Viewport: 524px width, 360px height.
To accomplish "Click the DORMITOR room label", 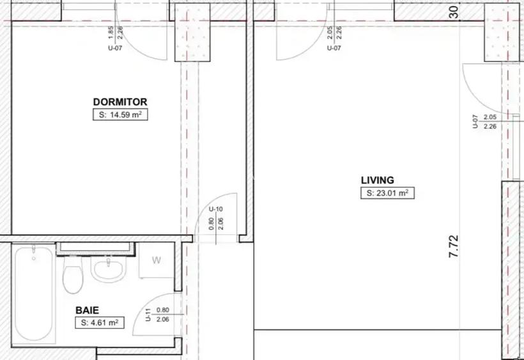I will [120, 102].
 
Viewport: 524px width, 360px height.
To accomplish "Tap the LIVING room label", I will [378, 180].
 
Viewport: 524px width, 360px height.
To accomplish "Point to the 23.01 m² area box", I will [387, 193].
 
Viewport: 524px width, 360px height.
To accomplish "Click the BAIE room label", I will [87, 309].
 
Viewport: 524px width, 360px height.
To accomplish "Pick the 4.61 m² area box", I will [100, 323].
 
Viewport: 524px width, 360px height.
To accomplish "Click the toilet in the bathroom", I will [73, 276].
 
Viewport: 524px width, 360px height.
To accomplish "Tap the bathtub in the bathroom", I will [33, 293].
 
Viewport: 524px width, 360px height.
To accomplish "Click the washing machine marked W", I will [156, 260].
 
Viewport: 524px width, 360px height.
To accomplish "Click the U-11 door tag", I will [148, 315].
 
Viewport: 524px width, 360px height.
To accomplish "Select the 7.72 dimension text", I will [454, 246].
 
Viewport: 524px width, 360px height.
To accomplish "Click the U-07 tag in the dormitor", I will [115, 48].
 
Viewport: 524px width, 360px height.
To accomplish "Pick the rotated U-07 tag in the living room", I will [475, 121].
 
